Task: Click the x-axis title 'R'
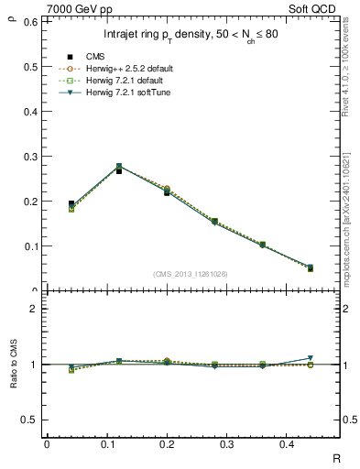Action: click(x=335, y=458)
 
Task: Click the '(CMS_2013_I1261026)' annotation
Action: click(x=191, y=274)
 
